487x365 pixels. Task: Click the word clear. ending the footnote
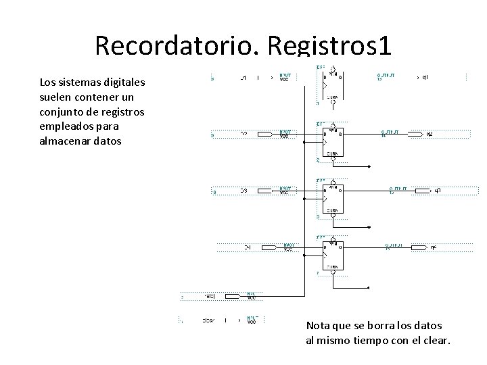pos(434,340)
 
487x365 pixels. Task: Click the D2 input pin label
pos(243,134)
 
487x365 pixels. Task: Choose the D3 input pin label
pos(243,191)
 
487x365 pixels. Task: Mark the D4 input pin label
pos(248,248)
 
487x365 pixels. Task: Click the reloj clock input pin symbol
pos(231,295)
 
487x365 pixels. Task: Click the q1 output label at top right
pos(425,77)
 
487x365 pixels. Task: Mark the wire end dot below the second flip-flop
pos(370,166)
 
